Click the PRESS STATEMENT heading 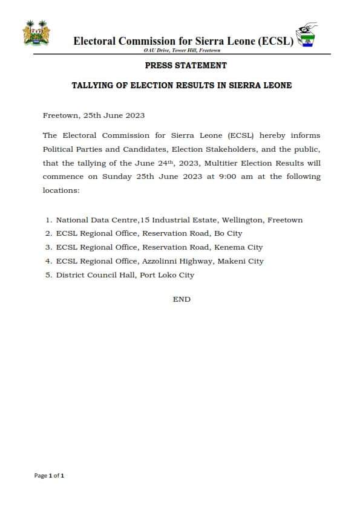[186, 65]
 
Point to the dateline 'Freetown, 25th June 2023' [94, 115]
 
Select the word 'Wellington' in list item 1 [235, 220]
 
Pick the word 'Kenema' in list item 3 [229, 247]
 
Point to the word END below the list [182, 299]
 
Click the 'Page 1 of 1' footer [49, 476]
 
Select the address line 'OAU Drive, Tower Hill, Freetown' [182, 50]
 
